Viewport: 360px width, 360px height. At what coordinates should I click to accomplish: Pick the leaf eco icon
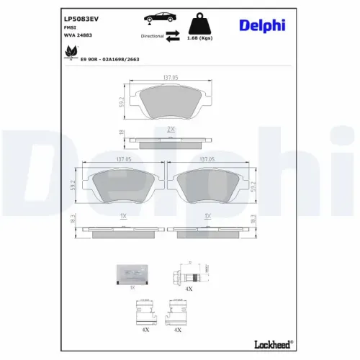[70, 52]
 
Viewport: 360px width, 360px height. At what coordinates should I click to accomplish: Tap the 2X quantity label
[171, 127]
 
